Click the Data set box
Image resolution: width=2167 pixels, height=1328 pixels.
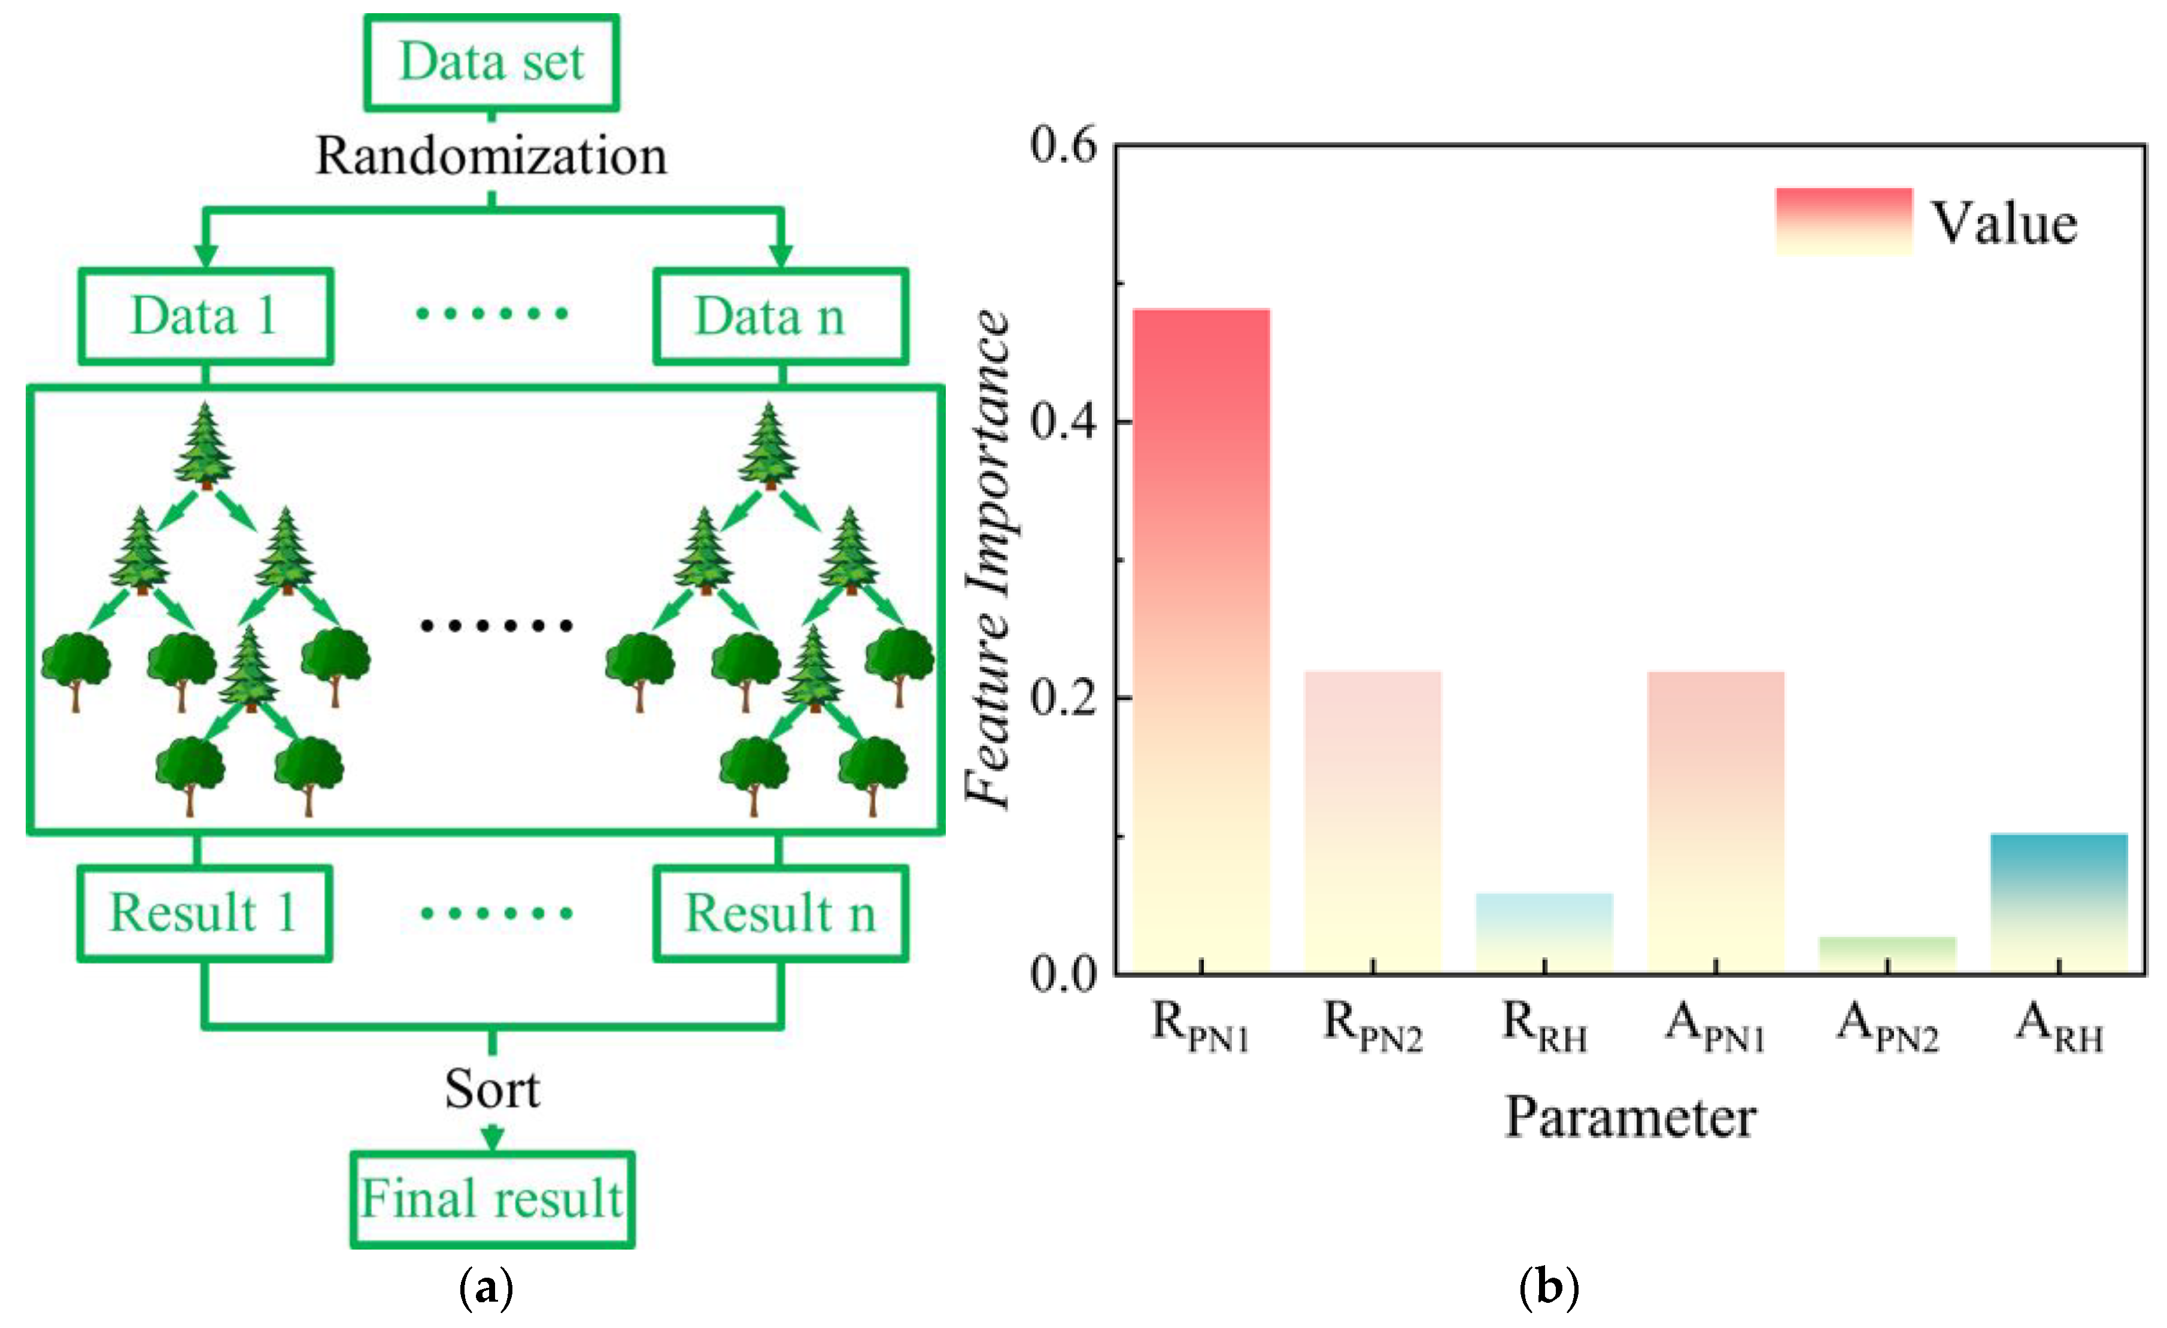click(x=491, y=62)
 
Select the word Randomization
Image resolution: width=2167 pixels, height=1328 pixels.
click(x=491, y=156)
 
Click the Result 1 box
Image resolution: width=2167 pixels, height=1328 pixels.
click(x=204, y=914)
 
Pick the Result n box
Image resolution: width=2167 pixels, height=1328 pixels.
click(x=780, y=914)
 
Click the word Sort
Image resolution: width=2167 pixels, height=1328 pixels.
click(x=491, y=1089)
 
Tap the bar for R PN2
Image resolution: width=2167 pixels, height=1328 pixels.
click(x=1372, y=821)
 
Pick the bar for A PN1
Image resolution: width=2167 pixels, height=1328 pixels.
click(x=1715, y=821)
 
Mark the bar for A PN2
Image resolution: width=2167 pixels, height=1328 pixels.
click(x=1887, y=954)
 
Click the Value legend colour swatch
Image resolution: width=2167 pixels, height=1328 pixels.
click(x=1843, y=222)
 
